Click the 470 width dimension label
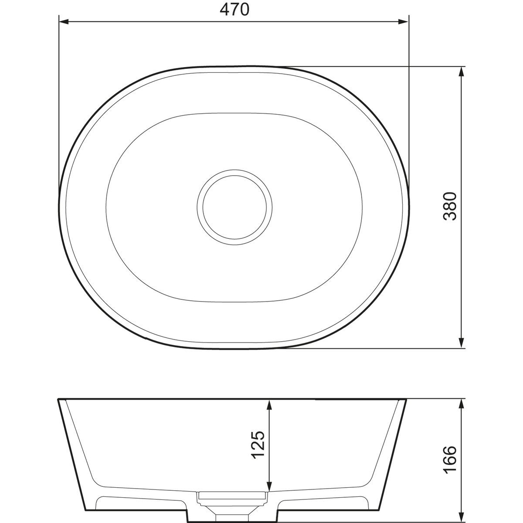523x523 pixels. tap(234, 10)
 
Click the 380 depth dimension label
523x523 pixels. tap(450, 206)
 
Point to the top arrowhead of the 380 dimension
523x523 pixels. tap(461, 71)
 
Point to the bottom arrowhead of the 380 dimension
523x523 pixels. tap(461, 343)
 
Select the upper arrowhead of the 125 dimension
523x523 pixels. tap(269, 404)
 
